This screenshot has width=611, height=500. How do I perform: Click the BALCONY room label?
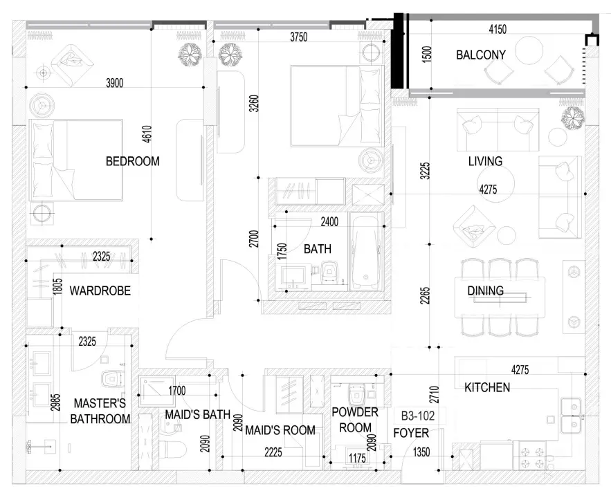481,55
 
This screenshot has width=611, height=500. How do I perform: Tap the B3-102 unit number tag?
418,416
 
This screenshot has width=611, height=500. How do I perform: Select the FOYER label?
411,433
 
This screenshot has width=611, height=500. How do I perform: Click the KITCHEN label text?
487,387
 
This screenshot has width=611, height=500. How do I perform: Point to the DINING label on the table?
486,291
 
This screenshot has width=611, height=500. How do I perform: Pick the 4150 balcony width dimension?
498,29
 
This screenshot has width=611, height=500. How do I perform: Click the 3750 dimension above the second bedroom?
299,37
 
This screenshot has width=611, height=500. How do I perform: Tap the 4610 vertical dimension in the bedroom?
147,134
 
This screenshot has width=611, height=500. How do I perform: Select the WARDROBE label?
100,291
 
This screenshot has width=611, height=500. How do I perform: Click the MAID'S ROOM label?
280,430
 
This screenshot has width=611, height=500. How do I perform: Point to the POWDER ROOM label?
355,420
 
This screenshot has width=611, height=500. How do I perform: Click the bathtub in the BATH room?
365,252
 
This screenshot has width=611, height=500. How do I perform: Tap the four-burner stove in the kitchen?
533,458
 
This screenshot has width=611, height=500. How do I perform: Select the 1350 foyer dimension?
421,452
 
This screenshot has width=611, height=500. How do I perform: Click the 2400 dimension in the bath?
329,222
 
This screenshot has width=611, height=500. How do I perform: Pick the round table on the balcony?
529,50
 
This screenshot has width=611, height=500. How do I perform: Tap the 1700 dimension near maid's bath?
177,391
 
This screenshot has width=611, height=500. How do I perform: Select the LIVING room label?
485,161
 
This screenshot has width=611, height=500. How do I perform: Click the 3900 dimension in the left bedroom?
115,83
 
